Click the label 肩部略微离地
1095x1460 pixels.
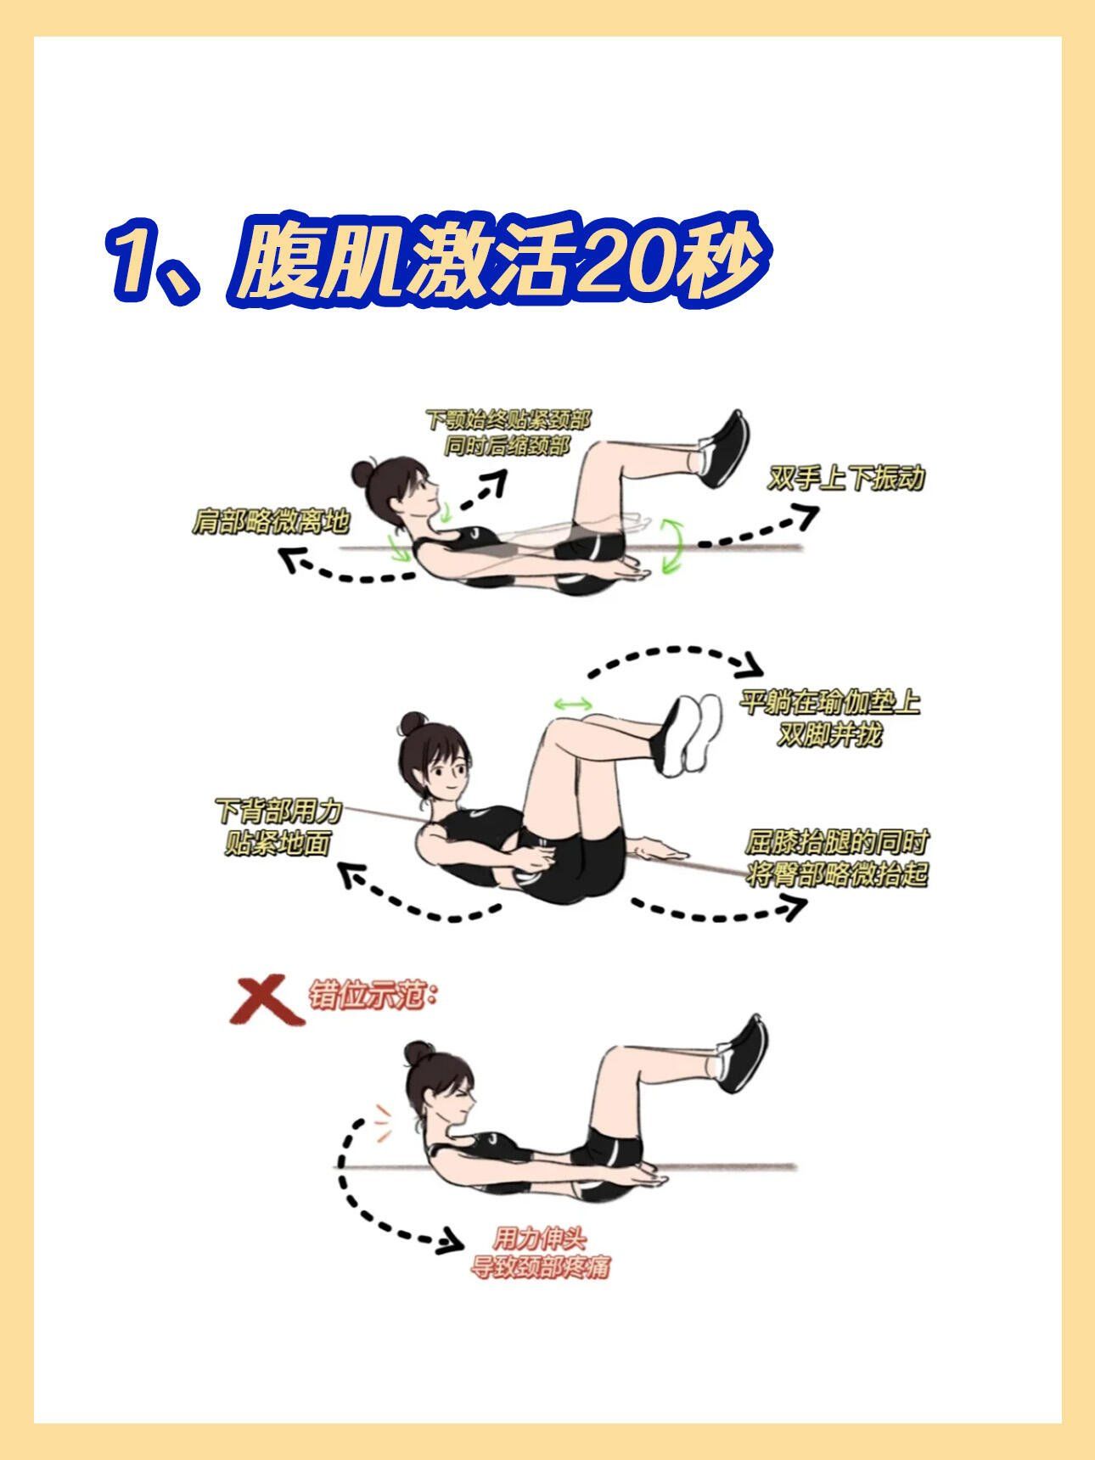coord(271,521)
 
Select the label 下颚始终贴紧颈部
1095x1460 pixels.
coord(508,418)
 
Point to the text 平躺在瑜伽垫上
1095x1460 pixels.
coord(829,703)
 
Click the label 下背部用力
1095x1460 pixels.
coord(278,811)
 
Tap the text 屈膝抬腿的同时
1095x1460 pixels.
coord(836,843)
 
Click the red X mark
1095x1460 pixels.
coord(266,998)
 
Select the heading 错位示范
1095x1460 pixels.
coord(372,995)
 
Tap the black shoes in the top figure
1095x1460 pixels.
coord(726,448)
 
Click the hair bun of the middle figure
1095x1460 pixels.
coord(413,724)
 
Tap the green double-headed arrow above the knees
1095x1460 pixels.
coord(572,704)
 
